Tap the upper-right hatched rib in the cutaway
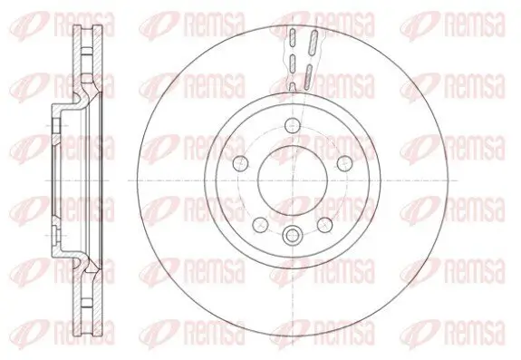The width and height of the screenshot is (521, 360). tap(310, 41)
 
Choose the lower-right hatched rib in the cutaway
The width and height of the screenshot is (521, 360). tap(309, 73)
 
